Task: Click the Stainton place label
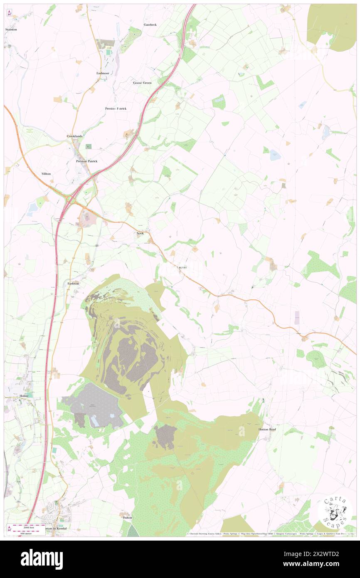(11, 30)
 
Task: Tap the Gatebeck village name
(150, 25)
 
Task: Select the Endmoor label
(103, 73)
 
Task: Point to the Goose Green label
(142, 83)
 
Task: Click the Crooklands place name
(75, 136)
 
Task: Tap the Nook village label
(140, 233)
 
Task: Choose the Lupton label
(182, 267)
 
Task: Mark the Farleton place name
(73, 283)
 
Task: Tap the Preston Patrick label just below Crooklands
(86, 161)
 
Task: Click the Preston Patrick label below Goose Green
(116, 109)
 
